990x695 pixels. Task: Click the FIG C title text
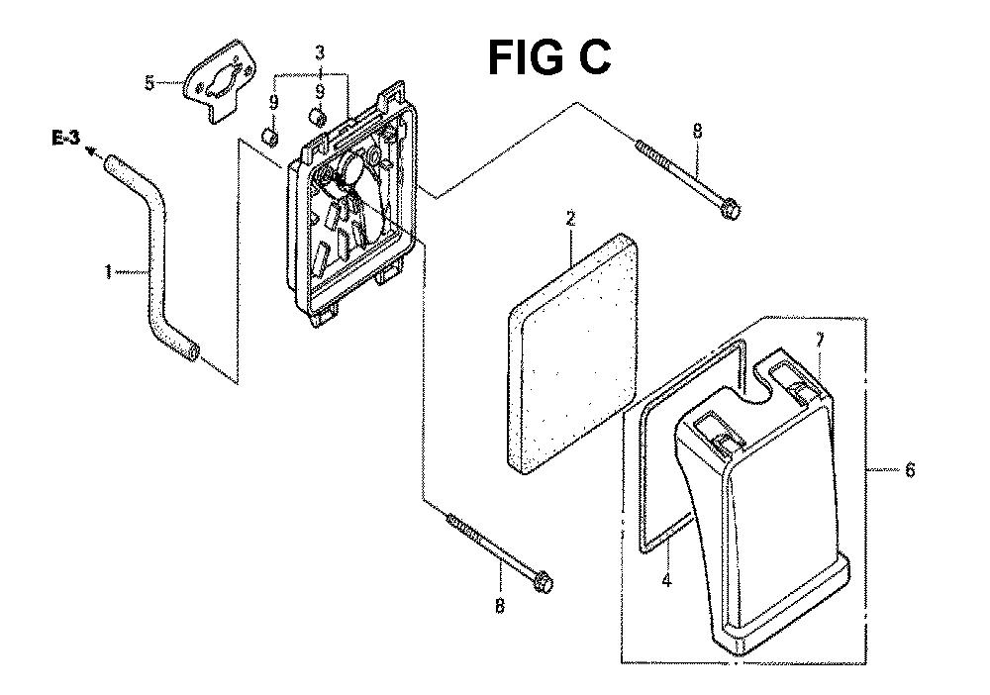549,57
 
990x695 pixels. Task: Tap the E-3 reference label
66,139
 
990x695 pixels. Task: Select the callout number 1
109,272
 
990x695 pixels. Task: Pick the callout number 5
149,83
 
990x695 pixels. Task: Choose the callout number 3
320,52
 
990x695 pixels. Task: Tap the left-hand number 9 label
273,102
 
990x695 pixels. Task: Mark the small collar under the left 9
269,136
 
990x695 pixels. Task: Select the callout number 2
571,219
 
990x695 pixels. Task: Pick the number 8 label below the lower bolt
500,606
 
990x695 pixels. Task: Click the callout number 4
667,579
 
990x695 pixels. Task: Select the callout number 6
910,469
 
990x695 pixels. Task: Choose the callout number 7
820,341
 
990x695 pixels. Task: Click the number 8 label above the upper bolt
697,131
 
